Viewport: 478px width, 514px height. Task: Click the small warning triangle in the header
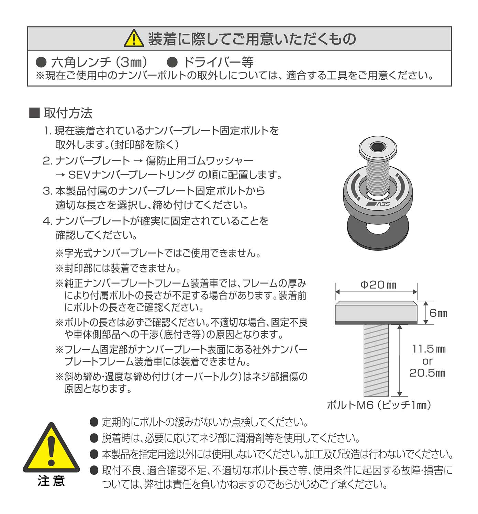coord(134,38)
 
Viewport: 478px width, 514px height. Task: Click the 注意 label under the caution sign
coord(51,481)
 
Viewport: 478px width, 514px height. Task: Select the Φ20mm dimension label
coord(378,285)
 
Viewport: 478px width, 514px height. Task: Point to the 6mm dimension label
coord(438,313)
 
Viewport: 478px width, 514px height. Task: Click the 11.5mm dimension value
coord(429,349)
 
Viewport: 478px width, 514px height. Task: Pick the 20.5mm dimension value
coord(427,373)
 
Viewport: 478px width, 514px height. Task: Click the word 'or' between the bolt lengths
coord(427,361)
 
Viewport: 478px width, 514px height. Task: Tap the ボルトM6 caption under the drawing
coord(379,405)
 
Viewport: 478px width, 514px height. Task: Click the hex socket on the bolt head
coord(378,147)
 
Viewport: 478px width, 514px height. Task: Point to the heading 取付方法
coord(68,113)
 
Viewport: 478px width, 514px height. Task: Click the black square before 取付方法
coord(35,113)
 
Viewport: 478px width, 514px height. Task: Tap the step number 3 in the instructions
coord(47,191)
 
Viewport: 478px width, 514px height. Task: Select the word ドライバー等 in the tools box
coord(218,63)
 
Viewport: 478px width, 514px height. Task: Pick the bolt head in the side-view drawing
coord(376,312)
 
